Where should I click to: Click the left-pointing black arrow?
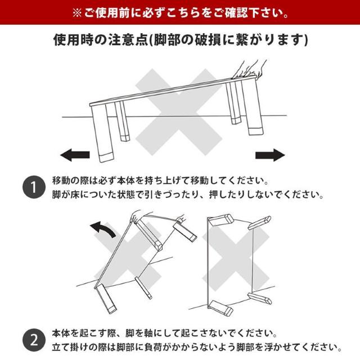[75, 155]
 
